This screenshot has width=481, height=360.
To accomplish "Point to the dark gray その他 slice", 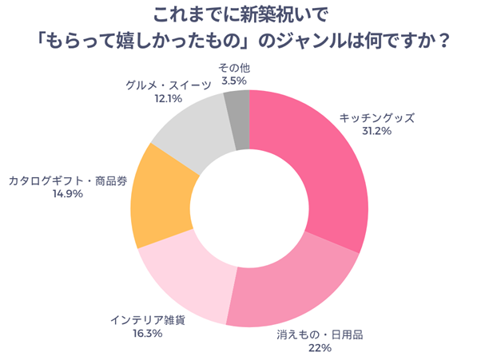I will pos(237,120).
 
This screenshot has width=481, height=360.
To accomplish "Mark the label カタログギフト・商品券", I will pos(68,180).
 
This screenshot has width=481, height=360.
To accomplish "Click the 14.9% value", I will pos(68,193).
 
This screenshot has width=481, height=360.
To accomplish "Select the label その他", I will pos(233,67).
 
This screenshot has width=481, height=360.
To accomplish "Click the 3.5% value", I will pos(233,81).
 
